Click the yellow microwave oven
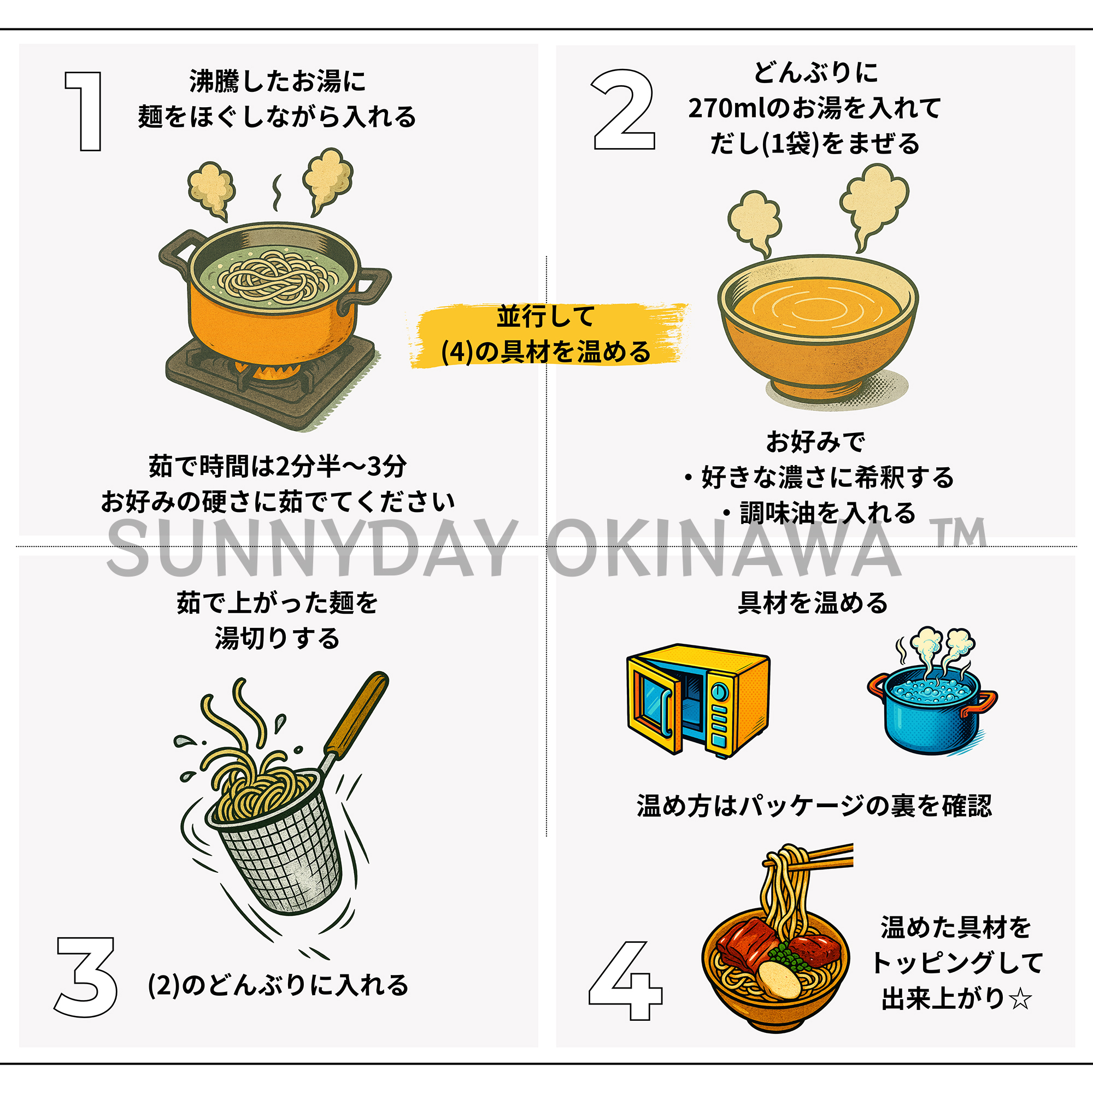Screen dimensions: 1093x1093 pos(698,701)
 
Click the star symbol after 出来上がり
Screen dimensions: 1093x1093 pos(1020,999)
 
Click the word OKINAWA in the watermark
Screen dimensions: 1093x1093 pos(724,547)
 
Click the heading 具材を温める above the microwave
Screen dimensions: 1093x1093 pos(813,603)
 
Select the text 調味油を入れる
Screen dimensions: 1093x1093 pos(827,513)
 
